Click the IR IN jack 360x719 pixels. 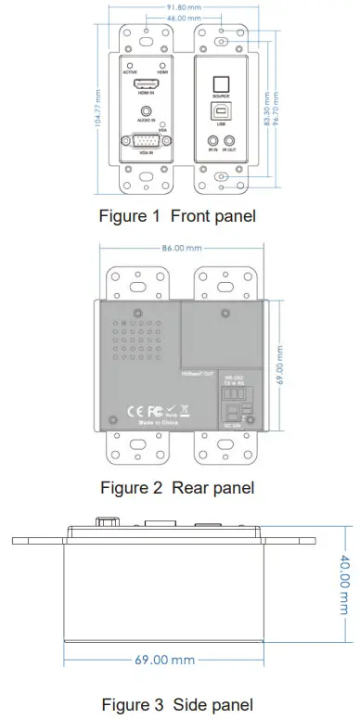click(213, 140)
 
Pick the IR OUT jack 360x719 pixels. click(230, 140)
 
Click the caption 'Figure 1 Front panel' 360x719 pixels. click(177, 216)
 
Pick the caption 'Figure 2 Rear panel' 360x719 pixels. click(176, 486)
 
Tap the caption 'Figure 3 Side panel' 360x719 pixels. click(176, 705)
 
